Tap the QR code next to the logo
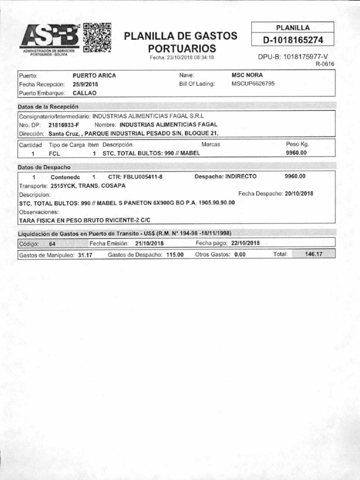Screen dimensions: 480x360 (x=97, y=37)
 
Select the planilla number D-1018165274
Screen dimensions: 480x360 (x=293, y=39)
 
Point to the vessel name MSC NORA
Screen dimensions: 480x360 (x=247, y=75)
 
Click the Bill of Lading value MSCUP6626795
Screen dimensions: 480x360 (x=253, y=83)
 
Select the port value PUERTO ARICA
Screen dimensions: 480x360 (x=94, y=75)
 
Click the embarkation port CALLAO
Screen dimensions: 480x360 (x=84, y=93)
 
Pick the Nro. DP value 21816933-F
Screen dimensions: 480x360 (x=64, y=125)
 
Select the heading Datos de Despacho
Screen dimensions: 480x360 (x=44, y=167)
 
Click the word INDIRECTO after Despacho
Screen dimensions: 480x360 (x=241, y=177)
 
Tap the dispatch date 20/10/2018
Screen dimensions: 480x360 (x=299, y=193)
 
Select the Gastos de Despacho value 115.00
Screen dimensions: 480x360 (x=174, y=255)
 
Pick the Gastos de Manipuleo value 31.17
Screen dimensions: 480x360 (x=85, y=255)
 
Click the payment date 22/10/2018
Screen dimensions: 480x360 (x=245, y=243)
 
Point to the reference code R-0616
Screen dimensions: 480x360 (x=325, y=64)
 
